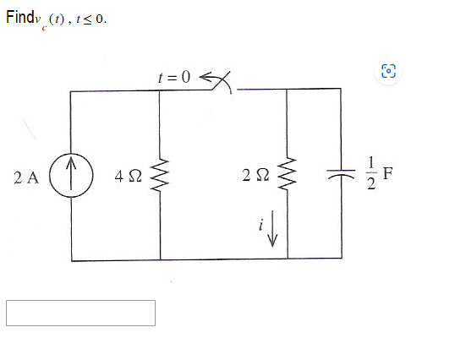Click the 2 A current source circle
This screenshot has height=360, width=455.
pos(70,177)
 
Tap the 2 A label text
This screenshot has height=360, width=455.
pos(27,177)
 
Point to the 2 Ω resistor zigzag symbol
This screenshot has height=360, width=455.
pos(288,176)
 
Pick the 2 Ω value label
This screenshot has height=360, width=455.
pos(254,177)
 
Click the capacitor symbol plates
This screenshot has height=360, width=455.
pos(343,175)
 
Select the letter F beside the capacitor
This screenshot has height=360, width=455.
pos(388,174)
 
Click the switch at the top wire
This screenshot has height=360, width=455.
pos(221,81)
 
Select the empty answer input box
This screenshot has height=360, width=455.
pos(81,313)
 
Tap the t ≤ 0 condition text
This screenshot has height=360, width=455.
pos(91,20)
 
